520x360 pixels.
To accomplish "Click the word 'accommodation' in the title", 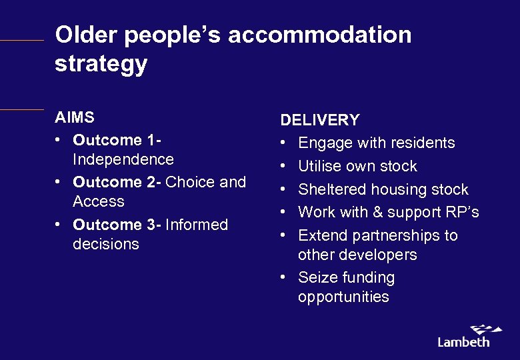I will tap(319, 35).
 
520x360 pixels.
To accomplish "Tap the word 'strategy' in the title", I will tap(101, 65).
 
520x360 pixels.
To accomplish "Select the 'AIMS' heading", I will tap(75, 117).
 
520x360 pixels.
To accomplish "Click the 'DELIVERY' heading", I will tap(320, 120).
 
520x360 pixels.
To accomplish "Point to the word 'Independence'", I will tap(123, 159).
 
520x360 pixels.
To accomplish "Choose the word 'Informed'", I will tap(197, 225).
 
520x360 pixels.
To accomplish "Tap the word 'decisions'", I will tap(105, 244).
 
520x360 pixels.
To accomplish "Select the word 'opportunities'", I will tap(343, 297).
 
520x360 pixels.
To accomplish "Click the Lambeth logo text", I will tap(463, 341).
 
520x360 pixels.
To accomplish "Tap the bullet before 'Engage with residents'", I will tap(284, 143).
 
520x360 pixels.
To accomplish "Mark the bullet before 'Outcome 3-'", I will tap(59, 225).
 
